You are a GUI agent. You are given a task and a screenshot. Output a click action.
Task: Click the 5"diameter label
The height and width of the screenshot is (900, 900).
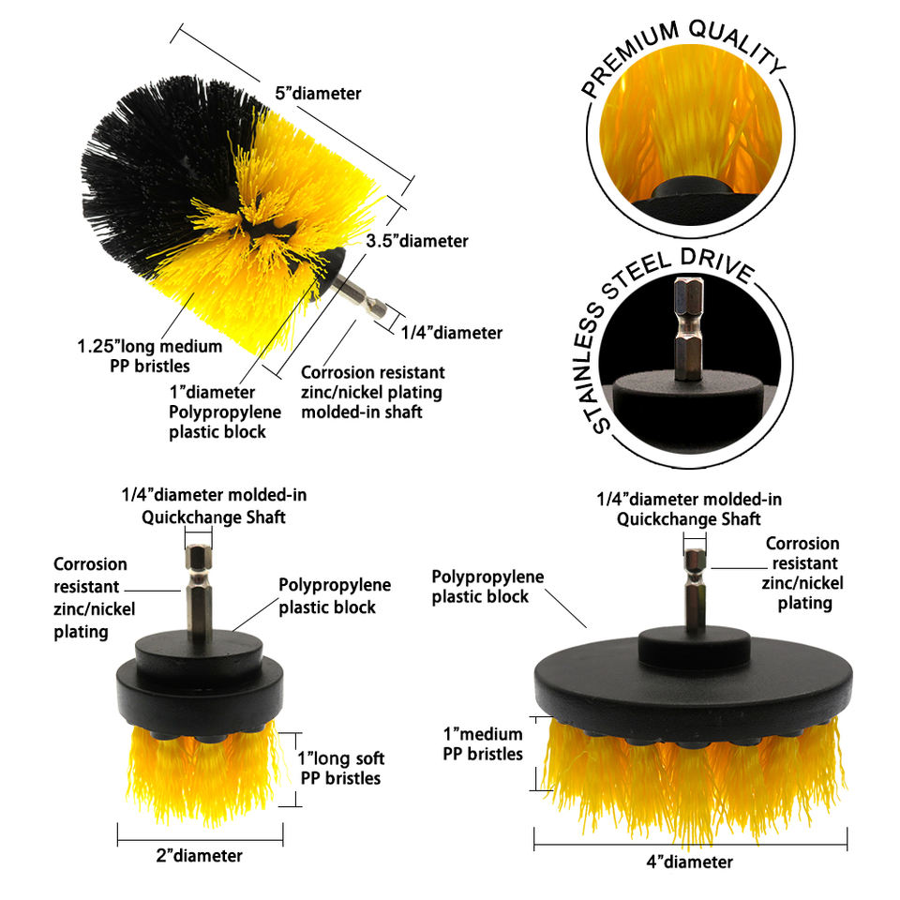318,94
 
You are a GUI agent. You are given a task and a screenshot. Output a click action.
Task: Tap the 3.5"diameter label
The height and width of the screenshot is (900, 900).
417,241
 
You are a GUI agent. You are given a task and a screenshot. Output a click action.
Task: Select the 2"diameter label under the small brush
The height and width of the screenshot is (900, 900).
199,856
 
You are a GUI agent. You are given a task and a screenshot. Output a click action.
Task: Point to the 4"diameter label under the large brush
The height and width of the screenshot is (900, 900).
690,862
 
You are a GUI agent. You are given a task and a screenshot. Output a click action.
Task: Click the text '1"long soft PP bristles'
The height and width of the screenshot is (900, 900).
341,769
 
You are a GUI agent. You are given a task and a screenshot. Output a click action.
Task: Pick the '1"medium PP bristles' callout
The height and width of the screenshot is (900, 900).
484,743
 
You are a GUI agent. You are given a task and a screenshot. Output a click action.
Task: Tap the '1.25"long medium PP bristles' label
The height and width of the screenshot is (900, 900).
150,356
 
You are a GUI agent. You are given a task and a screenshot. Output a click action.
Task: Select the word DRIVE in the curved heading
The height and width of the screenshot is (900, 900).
717,265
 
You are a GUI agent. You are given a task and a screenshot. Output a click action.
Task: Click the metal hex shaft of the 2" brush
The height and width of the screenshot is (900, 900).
199,592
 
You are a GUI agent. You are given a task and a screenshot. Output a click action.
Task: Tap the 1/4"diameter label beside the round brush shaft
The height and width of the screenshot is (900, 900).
452,333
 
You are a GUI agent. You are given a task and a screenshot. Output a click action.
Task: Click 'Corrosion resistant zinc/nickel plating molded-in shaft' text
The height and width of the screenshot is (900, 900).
372,393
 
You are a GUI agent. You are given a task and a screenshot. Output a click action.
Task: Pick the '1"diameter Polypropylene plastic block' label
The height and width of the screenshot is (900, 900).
225,412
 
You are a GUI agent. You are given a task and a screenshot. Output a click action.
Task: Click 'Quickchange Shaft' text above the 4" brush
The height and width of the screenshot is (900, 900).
689,519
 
